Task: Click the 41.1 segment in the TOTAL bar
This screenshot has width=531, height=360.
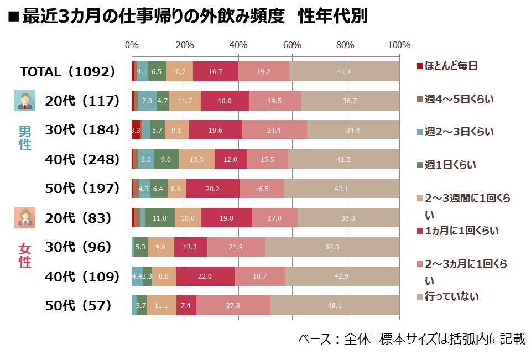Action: click(345, 71)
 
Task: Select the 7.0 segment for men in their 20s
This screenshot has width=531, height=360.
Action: click(148, 101)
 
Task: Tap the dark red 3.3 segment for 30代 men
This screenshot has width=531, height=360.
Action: click(136, 130)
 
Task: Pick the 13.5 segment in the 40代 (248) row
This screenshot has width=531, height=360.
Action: click(196, 159)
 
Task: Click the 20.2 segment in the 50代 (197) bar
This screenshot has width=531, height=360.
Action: click(212, 189)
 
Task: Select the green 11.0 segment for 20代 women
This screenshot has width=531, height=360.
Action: click(160, 218)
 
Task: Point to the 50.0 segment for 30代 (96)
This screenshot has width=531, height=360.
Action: click(332, 247)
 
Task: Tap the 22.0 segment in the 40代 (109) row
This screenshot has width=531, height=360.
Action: click(205, 276)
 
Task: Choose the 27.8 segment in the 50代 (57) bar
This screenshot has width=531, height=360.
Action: click(233, 305)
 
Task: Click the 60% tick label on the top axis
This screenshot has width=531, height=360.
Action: click(292, 45)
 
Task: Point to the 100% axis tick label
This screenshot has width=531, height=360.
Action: click(399, 45)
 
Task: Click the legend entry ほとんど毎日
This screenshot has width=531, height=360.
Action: click(447, 66)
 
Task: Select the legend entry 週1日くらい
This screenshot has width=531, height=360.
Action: click(446, 165)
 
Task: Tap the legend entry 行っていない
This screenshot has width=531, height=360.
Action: click(447, 296)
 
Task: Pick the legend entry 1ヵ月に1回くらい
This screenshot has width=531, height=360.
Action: click(457, 231)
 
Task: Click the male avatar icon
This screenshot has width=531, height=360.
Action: click(25, 101)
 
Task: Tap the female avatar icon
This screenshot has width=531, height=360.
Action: click(25, 218)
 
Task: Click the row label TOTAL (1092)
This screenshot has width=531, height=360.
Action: click(67, 71)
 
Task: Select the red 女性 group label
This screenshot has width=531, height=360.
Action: click(25, 255)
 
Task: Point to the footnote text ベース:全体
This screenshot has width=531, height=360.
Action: click(334, 338)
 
